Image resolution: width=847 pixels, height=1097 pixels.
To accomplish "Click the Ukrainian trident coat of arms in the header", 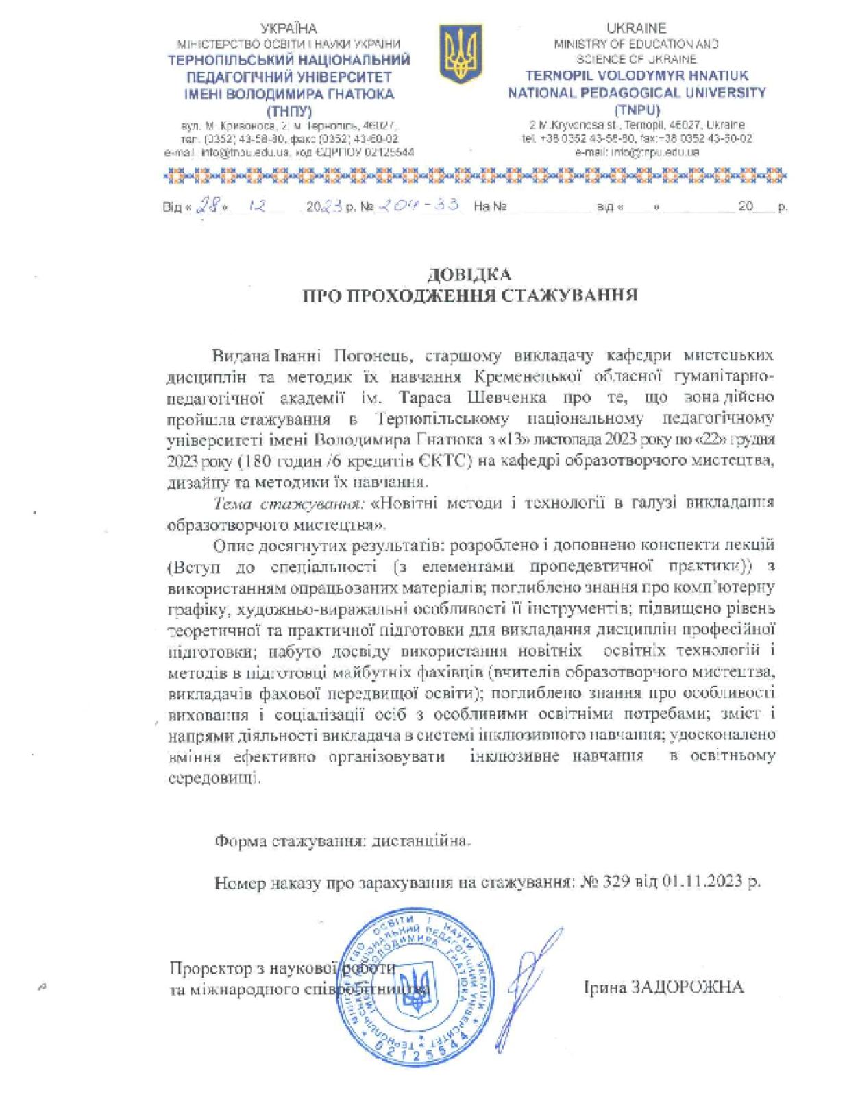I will pyautogui.click(x=455, y=56).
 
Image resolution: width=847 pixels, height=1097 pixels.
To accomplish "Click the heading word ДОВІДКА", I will pyautogui.click(x=469, y=275).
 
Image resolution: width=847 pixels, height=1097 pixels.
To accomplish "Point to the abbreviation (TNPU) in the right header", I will pyautogui.click(x=637, y=110).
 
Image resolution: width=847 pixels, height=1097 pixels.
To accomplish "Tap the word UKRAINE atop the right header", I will pyautogui.click(x=636, y=28).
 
